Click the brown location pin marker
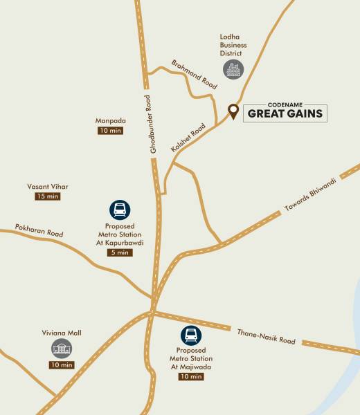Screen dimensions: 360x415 click(x=233, y=111)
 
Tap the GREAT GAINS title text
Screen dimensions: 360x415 click(x=285, y=113)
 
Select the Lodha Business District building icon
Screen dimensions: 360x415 click(x=233, y=69)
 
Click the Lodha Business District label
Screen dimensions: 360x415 click(x=233, y=45)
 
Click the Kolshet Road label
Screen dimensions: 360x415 click(x=188, y=138)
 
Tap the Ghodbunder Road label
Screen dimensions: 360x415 click(x=154, y=124)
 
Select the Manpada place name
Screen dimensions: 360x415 click(x=110, y=120)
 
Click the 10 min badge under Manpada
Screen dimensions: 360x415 click(x=110, y=130)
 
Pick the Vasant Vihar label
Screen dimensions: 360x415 click(x=48, y=187)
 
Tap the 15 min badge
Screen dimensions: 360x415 click(x=48, y=196)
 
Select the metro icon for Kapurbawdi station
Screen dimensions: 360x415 click(x=120, y=210)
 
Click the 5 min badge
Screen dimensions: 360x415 click(x=120, y=252)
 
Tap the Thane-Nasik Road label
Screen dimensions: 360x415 click(x=266, y=337)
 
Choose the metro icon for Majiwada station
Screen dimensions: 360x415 click(x=190, y=335)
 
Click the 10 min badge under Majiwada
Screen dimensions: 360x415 click(x=191, y=377)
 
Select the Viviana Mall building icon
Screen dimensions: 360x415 click(x=62, y=349)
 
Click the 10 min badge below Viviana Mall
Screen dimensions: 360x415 click(x=62, y=365)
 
